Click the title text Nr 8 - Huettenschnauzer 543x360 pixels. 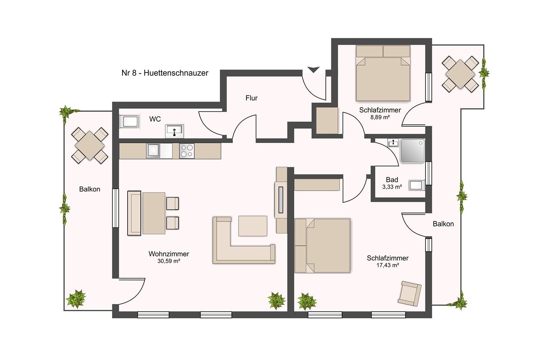(x=165, y=73)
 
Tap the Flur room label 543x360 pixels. (x=251, y=98)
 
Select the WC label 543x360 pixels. (x=155, y=119)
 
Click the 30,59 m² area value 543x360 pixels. (x=169, y=261)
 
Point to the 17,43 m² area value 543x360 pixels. (x=388, y=265)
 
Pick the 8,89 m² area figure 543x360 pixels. (x=380, y=117)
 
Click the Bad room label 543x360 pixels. (x=392, y=180)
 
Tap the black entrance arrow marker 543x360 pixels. (x=314, y=70)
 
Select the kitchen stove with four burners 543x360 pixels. (x=187, y=151)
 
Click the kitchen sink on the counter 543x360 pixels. (x=153, y=151)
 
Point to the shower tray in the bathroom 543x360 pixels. (x=413, y=151)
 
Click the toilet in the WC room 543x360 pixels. (x=129, y=121)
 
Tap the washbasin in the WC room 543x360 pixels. (x=174, y=131)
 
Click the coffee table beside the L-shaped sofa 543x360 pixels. (x=252, y=226)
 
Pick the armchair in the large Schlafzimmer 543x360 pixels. (x=409, y=293)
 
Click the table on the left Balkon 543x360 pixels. (x=90, y=146)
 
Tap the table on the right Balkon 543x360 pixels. (x=460, y=74)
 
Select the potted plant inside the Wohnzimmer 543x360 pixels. (x=276, y=301)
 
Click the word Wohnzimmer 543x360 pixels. (x=169, y=254)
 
